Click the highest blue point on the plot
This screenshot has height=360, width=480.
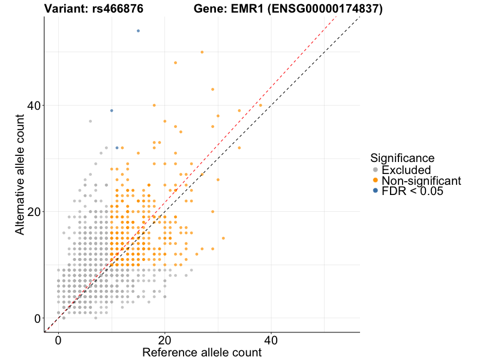(x=138, y=31)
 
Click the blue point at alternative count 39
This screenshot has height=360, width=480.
(x=112, y=110)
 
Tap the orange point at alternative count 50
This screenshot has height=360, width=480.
(x=202, y=52)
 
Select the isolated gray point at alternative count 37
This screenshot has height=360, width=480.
(x=90, y=121)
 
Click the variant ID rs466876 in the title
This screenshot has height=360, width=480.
(x=118, y=9)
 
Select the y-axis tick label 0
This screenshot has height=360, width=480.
(x=38, y=319)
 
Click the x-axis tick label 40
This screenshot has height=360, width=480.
(x=271, y=339)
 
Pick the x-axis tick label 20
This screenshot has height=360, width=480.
(x=164, y=339)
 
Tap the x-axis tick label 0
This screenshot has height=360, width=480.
(x=58, y=339)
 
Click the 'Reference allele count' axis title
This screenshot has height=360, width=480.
(x=202, y=352)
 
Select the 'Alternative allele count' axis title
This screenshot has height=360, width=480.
(x=20, y=174)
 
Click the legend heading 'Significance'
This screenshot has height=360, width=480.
(x=402, y=158)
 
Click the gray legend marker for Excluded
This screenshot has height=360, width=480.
(x=376, y=170)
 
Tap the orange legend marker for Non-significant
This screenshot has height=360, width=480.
(x=376, y=181)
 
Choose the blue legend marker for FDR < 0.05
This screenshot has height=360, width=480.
(x=376, y=191)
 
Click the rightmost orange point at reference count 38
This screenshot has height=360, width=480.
(x=260, y=106)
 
